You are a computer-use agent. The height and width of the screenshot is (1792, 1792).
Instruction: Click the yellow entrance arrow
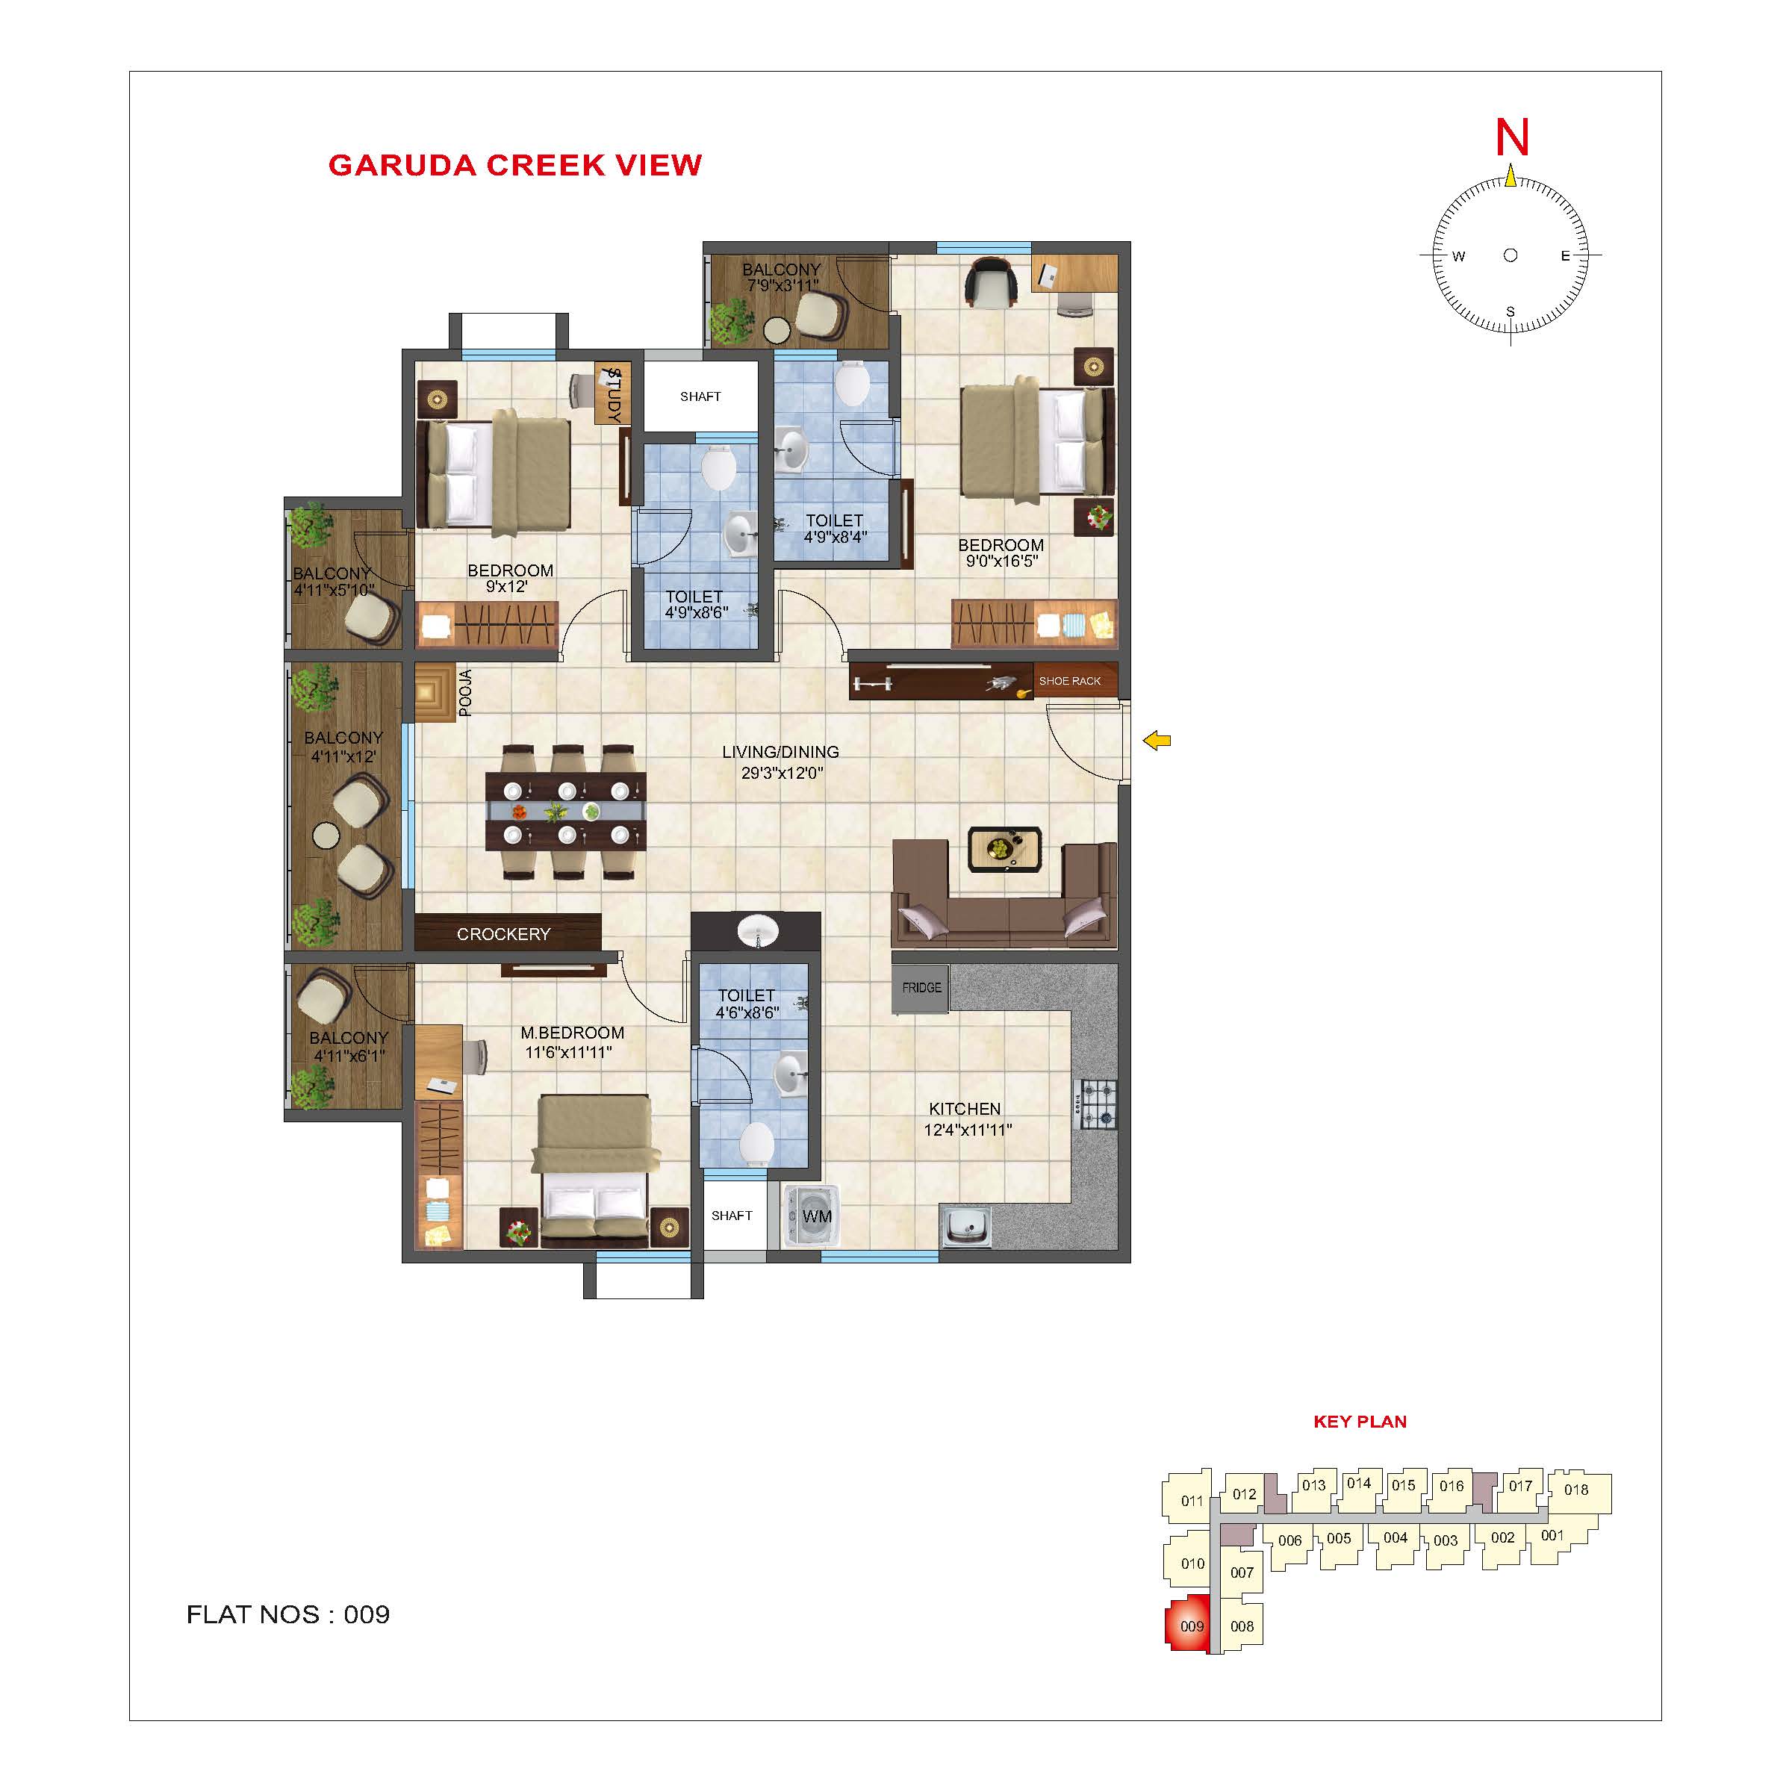point(1157,740)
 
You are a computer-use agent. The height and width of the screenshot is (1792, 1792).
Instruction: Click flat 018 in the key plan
point(1578,1490)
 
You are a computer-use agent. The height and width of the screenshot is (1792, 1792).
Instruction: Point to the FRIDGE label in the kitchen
point(921,988)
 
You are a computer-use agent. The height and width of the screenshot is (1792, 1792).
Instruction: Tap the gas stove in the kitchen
point(1096,1105)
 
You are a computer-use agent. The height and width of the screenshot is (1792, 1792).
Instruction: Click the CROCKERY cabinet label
point(504,934)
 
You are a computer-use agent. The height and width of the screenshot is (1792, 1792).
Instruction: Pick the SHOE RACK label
point(1069,681)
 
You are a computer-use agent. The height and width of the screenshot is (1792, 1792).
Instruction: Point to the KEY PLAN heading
point(1360,1422)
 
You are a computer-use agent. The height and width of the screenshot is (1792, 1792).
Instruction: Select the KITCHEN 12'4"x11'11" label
point(966,1119)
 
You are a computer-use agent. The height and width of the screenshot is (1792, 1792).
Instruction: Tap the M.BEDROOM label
point(571,1033)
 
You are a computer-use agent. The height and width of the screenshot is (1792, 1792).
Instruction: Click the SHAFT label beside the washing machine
point(732,1215)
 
